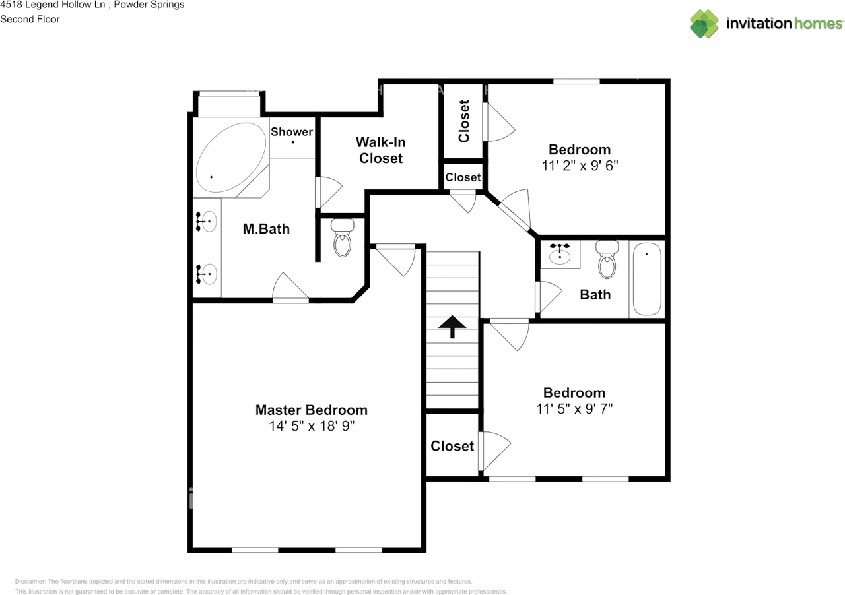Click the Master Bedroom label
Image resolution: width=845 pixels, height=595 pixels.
pyautogui.click(x=311, y=410)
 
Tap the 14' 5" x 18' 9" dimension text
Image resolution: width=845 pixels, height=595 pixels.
pyautogui.click(x=311, y=426)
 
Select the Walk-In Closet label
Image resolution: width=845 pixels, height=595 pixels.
pyautogui.click(x=381, y=150)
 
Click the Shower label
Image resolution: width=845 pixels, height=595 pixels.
pyautogui.click(x=292, y=131)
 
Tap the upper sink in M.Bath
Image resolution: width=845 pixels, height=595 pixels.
pyautogui.click(x=207, y=222)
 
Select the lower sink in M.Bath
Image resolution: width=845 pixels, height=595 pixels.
pyautogui.click(x=207, y=273)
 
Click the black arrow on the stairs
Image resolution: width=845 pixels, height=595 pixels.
pyautogui.click(x=453, y=326)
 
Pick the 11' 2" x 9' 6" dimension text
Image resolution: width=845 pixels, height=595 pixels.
pyautogui.click(x=580, y=166)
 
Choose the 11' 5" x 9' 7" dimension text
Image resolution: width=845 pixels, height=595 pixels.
pyautogui.click(x=574, y=408)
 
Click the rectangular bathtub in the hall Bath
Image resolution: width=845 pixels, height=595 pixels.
pyautogui.click(x=647, y=278)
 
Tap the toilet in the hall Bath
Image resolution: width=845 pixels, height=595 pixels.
pyautogui.click(x=607, y=261)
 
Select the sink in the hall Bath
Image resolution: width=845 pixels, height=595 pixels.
pyautogui.click(x=561, y=253)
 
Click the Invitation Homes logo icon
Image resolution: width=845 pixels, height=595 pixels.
pyautogui.click(x=704, y=24)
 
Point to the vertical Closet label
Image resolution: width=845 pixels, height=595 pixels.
pyautogui.click(x=464, y=121)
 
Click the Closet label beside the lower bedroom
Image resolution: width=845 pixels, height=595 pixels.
pyautogui.click(x=452, y=446)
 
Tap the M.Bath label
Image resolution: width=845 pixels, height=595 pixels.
pyautogui.click(x=266, y=229)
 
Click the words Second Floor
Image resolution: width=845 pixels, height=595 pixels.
pyautogui.click(x=30, y=19)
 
